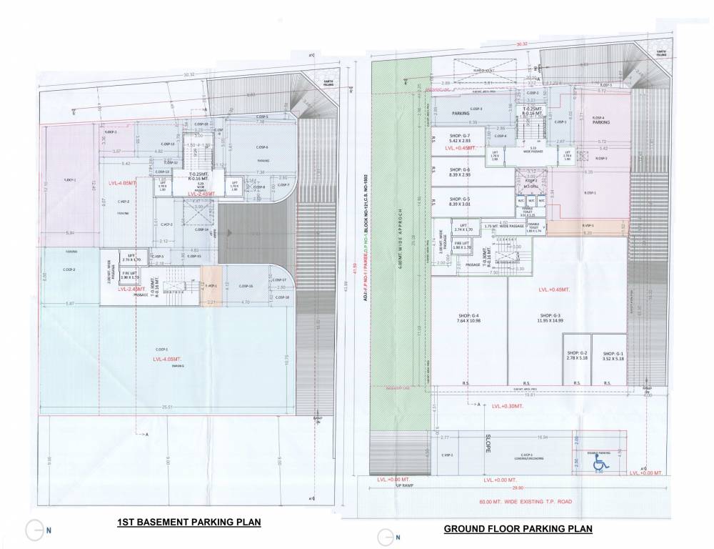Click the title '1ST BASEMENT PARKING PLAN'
coord(188,523)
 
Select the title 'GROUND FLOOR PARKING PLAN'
coord(518,530)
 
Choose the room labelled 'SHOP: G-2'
coord(576,356)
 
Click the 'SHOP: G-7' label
coord(456,139)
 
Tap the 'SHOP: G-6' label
coord(456,172)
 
